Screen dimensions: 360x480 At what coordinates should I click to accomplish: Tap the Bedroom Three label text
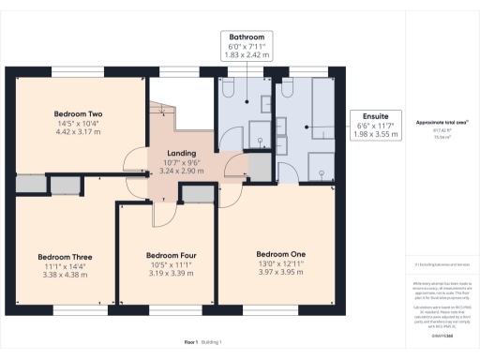tap(65, 257)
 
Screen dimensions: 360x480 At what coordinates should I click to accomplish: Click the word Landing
tap(181, 156)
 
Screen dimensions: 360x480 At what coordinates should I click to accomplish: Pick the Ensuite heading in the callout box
tap(376, 114)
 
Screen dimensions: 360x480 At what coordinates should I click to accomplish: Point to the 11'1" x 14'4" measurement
tap(65, 266)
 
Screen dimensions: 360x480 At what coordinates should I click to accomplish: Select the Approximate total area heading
tap(442, 123)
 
